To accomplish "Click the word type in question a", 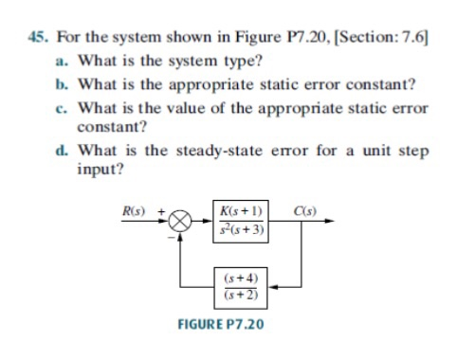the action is [x=234, y=62].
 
